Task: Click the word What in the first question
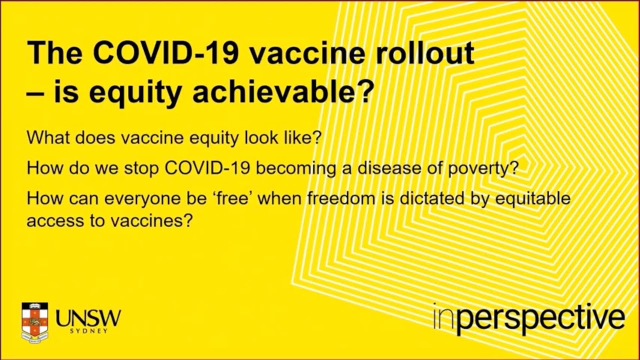[46, 137]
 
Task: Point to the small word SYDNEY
[88, 331]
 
